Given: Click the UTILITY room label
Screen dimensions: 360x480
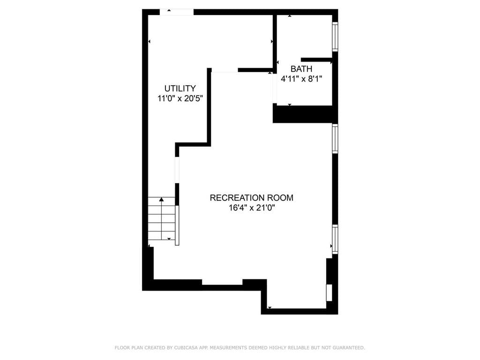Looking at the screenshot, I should point(180,88).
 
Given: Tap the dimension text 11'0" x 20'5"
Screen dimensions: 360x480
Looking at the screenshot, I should point(180,98).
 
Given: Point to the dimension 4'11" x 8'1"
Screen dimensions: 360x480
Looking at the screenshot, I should point(301,79).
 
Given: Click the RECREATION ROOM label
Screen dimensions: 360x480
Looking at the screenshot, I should point(251,198).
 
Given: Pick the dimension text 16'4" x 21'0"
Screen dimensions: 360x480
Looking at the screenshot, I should point(251,208).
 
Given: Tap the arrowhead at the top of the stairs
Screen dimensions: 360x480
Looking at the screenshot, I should point(162,200).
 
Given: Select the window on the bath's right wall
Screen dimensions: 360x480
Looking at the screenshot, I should point(335,37).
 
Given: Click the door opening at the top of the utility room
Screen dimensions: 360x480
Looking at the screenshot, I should point(177,12).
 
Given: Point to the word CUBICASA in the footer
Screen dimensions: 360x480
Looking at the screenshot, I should point(186,348).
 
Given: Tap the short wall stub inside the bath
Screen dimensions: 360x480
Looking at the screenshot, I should point(316,60).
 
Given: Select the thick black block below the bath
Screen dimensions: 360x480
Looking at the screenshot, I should point(305,114).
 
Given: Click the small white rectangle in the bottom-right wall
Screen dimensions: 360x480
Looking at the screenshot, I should point(329,292).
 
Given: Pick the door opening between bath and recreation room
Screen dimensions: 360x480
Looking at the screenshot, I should point(275,89).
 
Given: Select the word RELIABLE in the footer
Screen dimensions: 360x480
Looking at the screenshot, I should point(297,348).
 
